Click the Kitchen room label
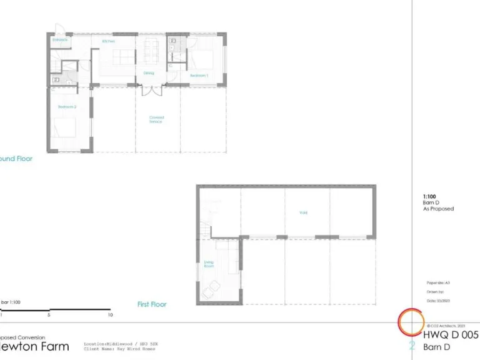click(109, 41)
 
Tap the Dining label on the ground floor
click(149, 73)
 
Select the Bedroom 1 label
click(199, 75)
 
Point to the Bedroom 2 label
click(67, 107)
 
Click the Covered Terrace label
click(156, 119)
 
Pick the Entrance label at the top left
click(60, 40)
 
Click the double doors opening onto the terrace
click(151, 90)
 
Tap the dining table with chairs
click(151, 51)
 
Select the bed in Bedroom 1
click(204, 60)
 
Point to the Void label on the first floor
click(303, 212)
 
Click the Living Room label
click(209, 264)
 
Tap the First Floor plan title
click(152, 304)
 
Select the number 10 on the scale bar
click(110, 316)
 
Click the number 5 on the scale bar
click(48, 316)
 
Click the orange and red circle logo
click(411, 321)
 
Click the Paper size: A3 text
click(438, 282)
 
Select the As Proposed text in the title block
click(438, 209)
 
